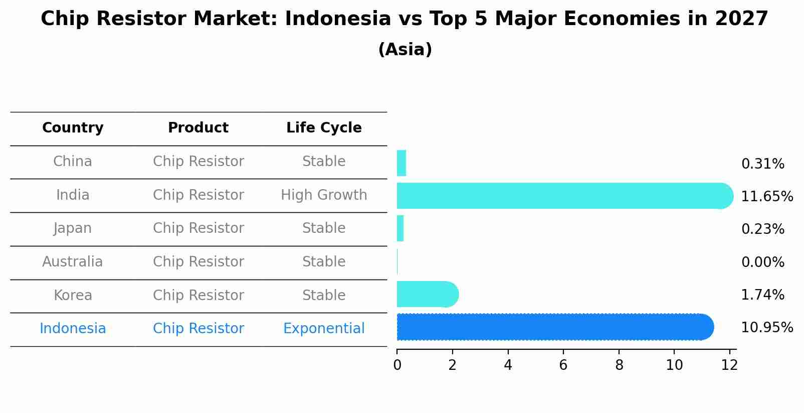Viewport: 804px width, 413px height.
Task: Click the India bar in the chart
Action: pos(561,196)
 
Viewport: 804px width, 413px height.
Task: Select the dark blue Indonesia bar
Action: pos(551,327)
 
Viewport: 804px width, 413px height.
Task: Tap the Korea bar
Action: pos(426,295)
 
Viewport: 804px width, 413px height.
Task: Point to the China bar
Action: pos(401,163)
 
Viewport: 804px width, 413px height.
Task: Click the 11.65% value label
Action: pos(767,196)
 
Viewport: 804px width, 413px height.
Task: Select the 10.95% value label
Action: pos(767,328)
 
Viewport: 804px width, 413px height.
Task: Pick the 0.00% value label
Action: pos(762,262)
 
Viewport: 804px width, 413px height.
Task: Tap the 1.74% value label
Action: pos(762,295)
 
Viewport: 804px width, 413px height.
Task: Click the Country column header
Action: pos(73,128)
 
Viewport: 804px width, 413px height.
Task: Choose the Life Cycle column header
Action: pos(324,128)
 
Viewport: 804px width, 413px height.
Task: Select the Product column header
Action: pos(198,128)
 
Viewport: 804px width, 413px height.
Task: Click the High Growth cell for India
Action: pos(324,195)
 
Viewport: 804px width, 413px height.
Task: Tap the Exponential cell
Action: pos(324,328)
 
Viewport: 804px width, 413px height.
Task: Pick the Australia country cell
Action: pos(73,261)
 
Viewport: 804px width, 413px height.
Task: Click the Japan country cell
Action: pos(73,228)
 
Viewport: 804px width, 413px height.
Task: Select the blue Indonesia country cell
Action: pos(73,328)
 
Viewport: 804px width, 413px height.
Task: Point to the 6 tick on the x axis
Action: pos(563,365)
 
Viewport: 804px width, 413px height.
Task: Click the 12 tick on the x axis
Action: pos(729,365)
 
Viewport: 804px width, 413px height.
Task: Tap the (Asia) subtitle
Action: pos(405,50)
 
